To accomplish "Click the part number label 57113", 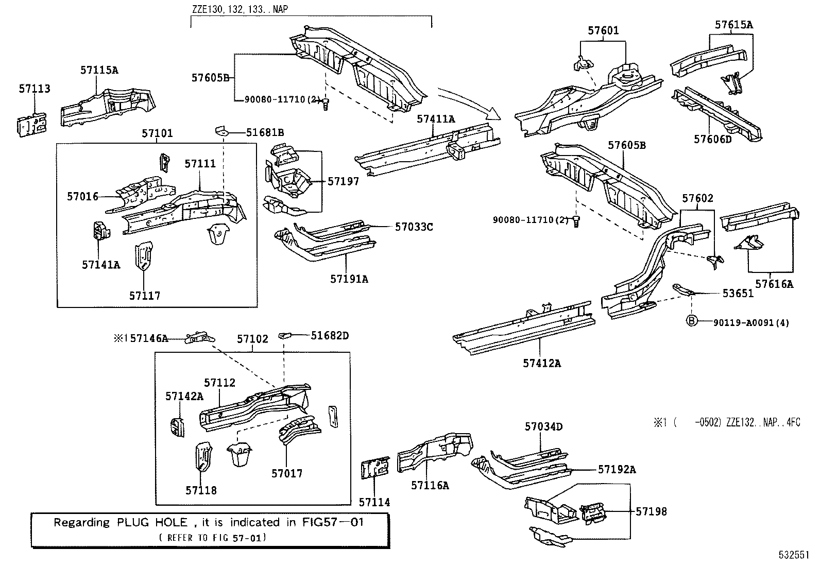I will tap(35, 89).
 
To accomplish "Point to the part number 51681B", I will tap(265, 133).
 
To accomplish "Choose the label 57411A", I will tap(436, 119).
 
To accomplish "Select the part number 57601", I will tap(603, 31).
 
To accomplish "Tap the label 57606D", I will tap(712, 139).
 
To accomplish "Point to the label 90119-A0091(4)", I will tap(751, 323).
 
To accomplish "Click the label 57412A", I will tap(542, 363).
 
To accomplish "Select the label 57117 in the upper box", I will tap(145, 296).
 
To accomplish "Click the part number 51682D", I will tap(330, 336).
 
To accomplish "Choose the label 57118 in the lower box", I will tap(201, 490).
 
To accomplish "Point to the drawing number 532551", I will tap(793, 556).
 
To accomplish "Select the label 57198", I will tap(651, 511).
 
